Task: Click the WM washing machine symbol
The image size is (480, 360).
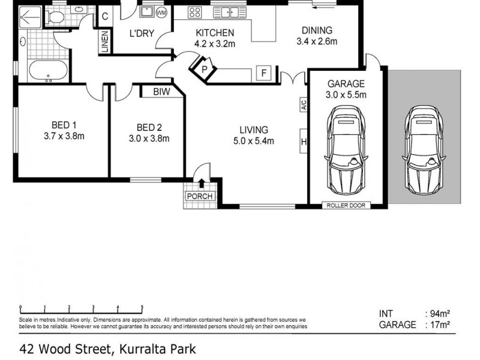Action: [161, 13]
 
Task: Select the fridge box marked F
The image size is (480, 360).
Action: [262, 73]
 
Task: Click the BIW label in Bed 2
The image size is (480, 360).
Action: [161, 92]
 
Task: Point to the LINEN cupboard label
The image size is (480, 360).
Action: [104, 42]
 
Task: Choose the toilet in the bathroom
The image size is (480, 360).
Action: [58, 17]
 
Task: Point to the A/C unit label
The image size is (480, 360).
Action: [304, 105]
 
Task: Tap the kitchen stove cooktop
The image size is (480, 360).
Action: [195, 11]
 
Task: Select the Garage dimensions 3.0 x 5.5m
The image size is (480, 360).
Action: [346, 95]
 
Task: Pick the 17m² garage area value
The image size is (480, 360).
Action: [439, 325]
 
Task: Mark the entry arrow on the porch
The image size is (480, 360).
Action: [202, 183]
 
